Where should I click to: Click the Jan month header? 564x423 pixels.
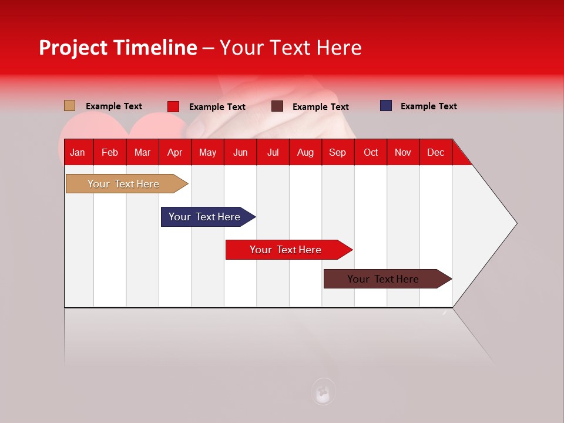78,152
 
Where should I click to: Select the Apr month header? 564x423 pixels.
174,152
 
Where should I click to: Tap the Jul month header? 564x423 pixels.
273,152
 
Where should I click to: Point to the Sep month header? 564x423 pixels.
337,152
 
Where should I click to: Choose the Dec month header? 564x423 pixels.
435,152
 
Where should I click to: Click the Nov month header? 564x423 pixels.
402,152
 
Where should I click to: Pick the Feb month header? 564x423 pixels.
109,152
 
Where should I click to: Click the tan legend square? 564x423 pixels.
69,106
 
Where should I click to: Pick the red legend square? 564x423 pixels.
173,106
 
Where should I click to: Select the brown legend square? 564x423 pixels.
277,106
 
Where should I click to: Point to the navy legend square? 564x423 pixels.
386,106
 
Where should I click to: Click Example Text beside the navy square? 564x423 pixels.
428,106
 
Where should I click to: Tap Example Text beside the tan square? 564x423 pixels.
113,106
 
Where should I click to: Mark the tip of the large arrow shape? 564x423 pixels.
515,223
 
